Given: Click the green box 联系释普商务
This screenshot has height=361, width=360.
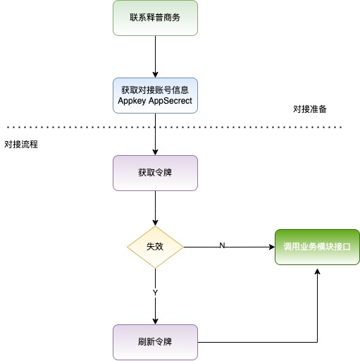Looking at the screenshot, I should tap(155, 18).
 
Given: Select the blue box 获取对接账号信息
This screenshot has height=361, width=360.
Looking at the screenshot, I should tap(155, 90).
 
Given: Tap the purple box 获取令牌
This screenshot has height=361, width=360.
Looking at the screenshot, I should tap(155, 173).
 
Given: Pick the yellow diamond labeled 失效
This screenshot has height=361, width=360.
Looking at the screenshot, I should tap(155, 247).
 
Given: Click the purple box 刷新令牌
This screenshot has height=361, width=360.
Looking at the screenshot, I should tap(155, 342).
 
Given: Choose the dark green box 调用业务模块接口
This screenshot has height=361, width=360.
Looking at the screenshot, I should tap(316, 247).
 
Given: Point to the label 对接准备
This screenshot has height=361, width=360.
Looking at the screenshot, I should tap(309, 109).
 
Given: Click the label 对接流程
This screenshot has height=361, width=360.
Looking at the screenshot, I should tap(20, 144).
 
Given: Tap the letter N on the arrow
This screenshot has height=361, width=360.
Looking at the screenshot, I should tap(222, 245).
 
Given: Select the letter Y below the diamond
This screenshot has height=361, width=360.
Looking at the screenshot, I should tap(155, 291).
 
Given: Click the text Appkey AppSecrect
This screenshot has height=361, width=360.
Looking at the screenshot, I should tap(155, 101).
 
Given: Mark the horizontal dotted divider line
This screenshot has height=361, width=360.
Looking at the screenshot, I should tap(70, 128).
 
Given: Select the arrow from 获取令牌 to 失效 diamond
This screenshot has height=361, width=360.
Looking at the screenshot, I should tap(155, 208).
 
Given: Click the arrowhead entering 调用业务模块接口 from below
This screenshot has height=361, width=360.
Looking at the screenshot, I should tap(317, 271).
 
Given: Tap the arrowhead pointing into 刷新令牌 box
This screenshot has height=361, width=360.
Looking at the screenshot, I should tap(155, 321).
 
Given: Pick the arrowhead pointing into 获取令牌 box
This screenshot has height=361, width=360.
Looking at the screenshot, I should tap(155, 152).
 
